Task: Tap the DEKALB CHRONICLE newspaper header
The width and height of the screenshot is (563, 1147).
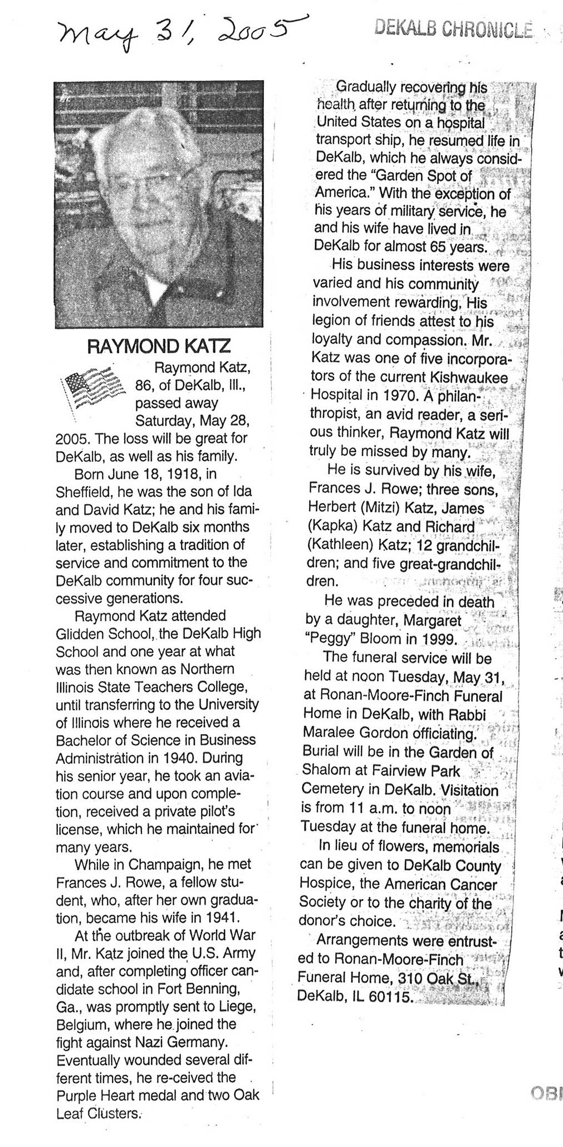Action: pyautogui.click(x=453, y=27)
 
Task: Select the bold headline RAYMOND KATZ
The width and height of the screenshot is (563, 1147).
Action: pyautogui.click(x=159, y=346)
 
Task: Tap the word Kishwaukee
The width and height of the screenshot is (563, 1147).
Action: pyautogui.click(x=469, y=377)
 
